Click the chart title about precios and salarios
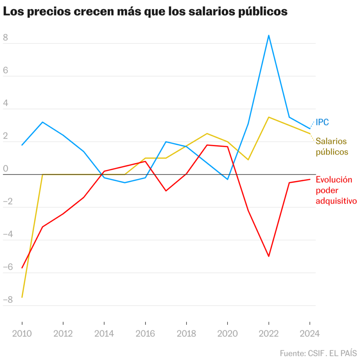[145, 12]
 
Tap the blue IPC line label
[322, 123]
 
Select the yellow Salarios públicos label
[332, 146]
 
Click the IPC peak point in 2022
[269, 35]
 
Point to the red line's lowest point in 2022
[269, 256]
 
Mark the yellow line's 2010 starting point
[22, 297]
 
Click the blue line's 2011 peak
[42, 122]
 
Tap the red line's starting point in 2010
[22, 268]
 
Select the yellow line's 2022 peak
[269, 117]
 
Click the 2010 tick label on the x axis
[22, 334]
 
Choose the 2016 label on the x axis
[145, 334]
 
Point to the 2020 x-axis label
[228, 334]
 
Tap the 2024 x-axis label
[309, 334]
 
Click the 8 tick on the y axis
[5, 37]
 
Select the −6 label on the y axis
[7, 267]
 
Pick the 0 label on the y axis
[5, 169]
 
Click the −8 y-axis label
[7, 300]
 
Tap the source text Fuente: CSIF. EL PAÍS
[318, 353]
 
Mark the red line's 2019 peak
[207, 145]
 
